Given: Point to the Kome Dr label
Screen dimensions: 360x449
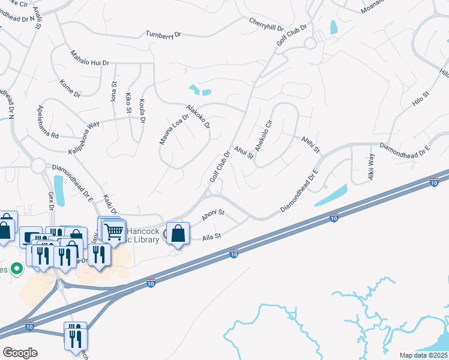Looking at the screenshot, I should pos(70,88).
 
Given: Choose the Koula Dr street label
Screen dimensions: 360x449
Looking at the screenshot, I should pos(142,111).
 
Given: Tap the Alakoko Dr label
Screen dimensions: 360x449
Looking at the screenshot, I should pos(197,116).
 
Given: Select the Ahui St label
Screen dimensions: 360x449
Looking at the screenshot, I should pos(244,151).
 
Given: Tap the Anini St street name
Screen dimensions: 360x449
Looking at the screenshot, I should pos(310,143).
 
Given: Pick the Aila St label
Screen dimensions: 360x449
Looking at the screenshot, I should pos(214,236).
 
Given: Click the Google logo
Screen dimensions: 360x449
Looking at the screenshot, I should pos(20,352).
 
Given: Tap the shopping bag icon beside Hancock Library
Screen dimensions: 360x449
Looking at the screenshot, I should pos(178,233).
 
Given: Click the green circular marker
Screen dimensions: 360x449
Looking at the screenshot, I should pos(17,269).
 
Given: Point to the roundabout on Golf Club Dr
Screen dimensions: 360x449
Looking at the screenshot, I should pos(310,43).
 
